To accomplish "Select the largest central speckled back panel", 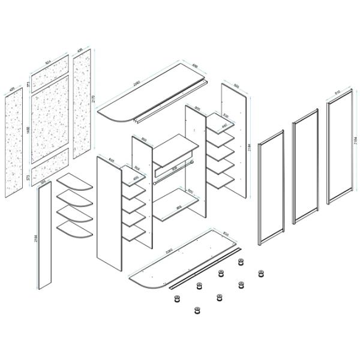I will (50, 120).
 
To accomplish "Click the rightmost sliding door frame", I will (340, 153).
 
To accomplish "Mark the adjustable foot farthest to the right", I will (260, 274).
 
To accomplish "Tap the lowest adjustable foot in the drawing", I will (196, 310).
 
